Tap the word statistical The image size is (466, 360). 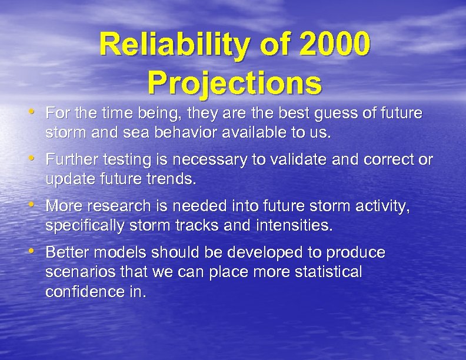330,273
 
